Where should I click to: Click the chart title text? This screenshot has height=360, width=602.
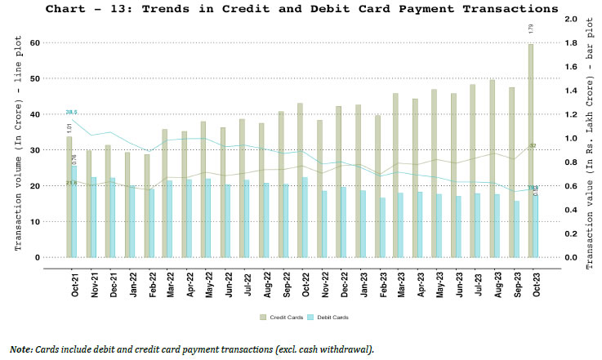[301, 8]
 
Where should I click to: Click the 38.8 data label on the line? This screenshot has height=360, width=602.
[72, 112]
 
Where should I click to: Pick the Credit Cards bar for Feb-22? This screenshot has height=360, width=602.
[147, 206]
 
